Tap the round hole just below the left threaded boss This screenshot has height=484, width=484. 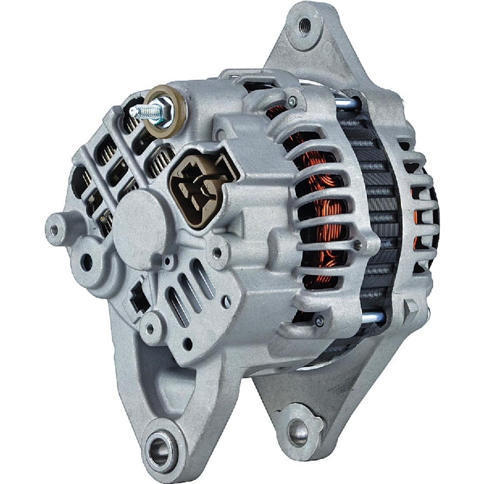click(87, 259)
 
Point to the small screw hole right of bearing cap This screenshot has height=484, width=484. click(217, 250)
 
